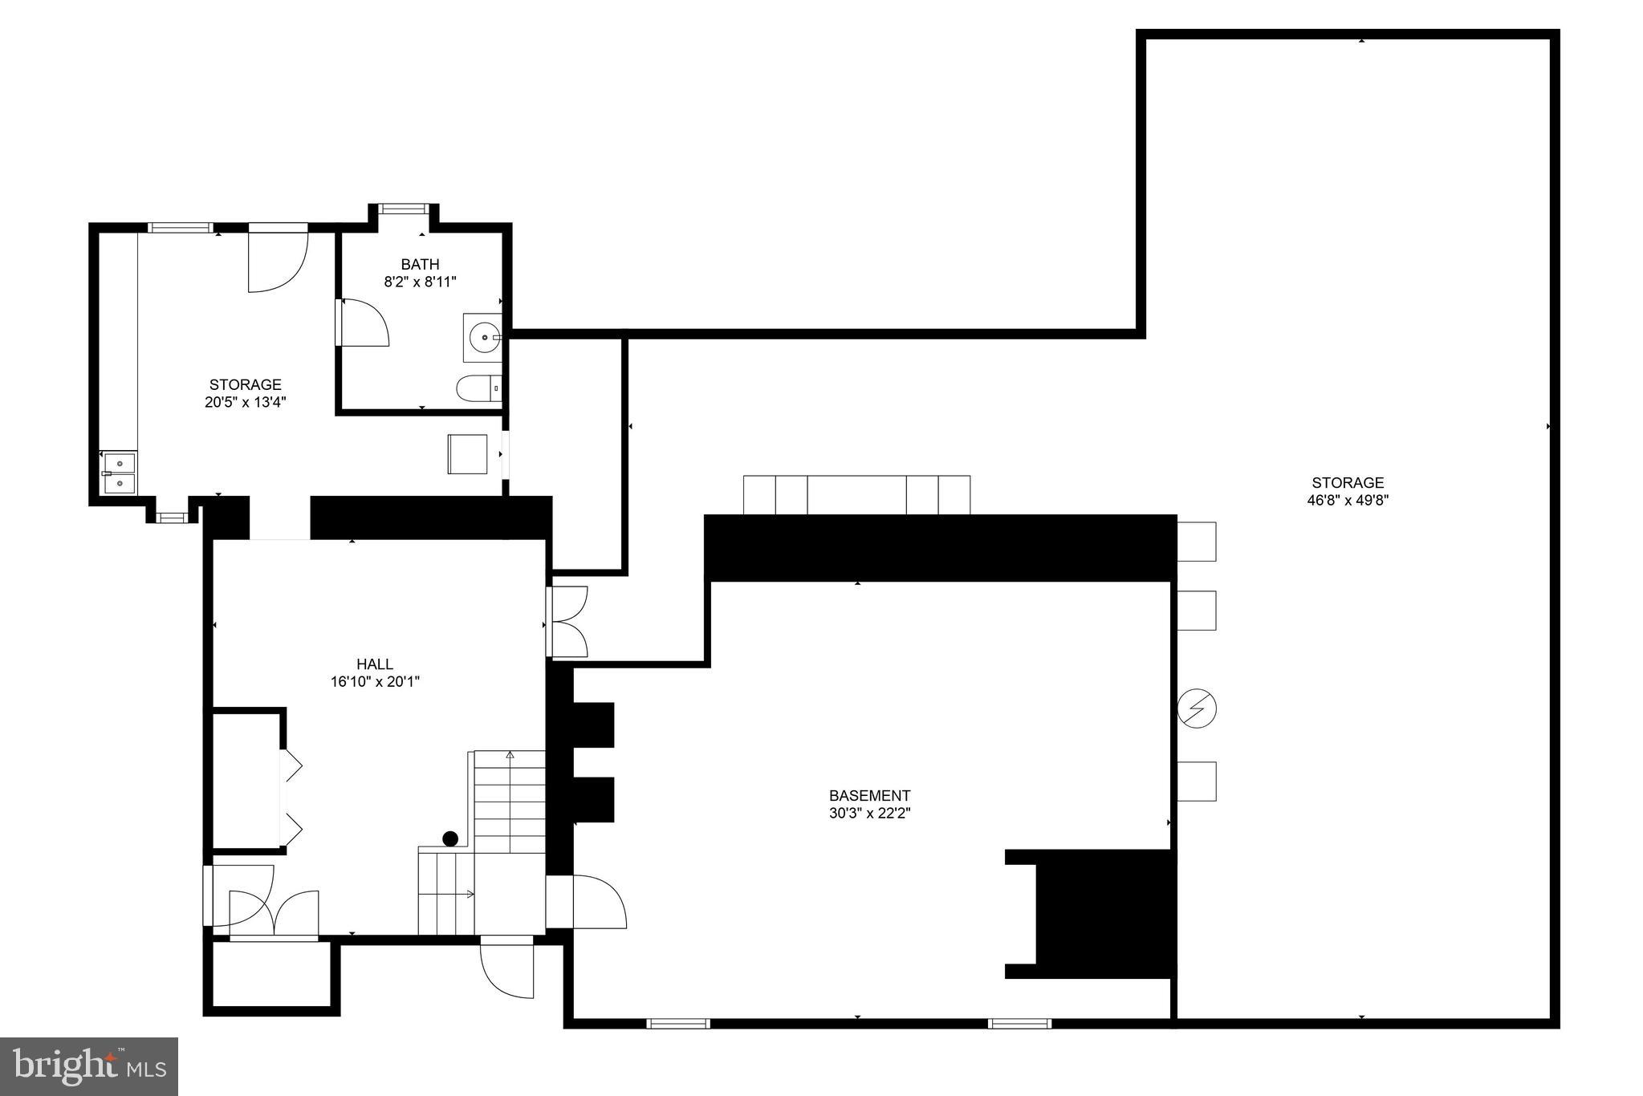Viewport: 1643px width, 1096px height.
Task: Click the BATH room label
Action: [420, 264]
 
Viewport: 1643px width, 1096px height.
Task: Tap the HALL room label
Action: [375, 664]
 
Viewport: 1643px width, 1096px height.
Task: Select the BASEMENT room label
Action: [869, 795]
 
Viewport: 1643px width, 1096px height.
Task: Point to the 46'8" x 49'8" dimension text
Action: [1348, 500]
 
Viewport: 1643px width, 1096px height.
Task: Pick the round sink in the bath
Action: [484, 338]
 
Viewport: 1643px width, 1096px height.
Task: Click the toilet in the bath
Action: [479, 388]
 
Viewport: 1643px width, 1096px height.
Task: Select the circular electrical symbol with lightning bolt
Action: [1197, 708]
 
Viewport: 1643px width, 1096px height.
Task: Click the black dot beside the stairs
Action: [450, 838]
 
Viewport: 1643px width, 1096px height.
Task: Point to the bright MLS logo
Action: [89, 1066]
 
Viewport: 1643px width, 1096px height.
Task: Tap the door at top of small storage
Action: [277, 261]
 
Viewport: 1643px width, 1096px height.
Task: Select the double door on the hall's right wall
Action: [568, 622]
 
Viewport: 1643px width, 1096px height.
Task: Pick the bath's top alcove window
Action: [404, 209]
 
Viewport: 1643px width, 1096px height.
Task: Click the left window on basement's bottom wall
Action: [678, 1023]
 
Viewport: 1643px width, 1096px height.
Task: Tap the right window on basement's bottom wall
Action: [1019, 1023]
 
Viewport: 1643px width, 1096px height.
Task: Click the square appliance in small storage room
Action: [467, 454]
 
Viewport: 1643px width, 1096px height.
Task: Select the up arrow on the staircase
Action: [510, 755]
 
